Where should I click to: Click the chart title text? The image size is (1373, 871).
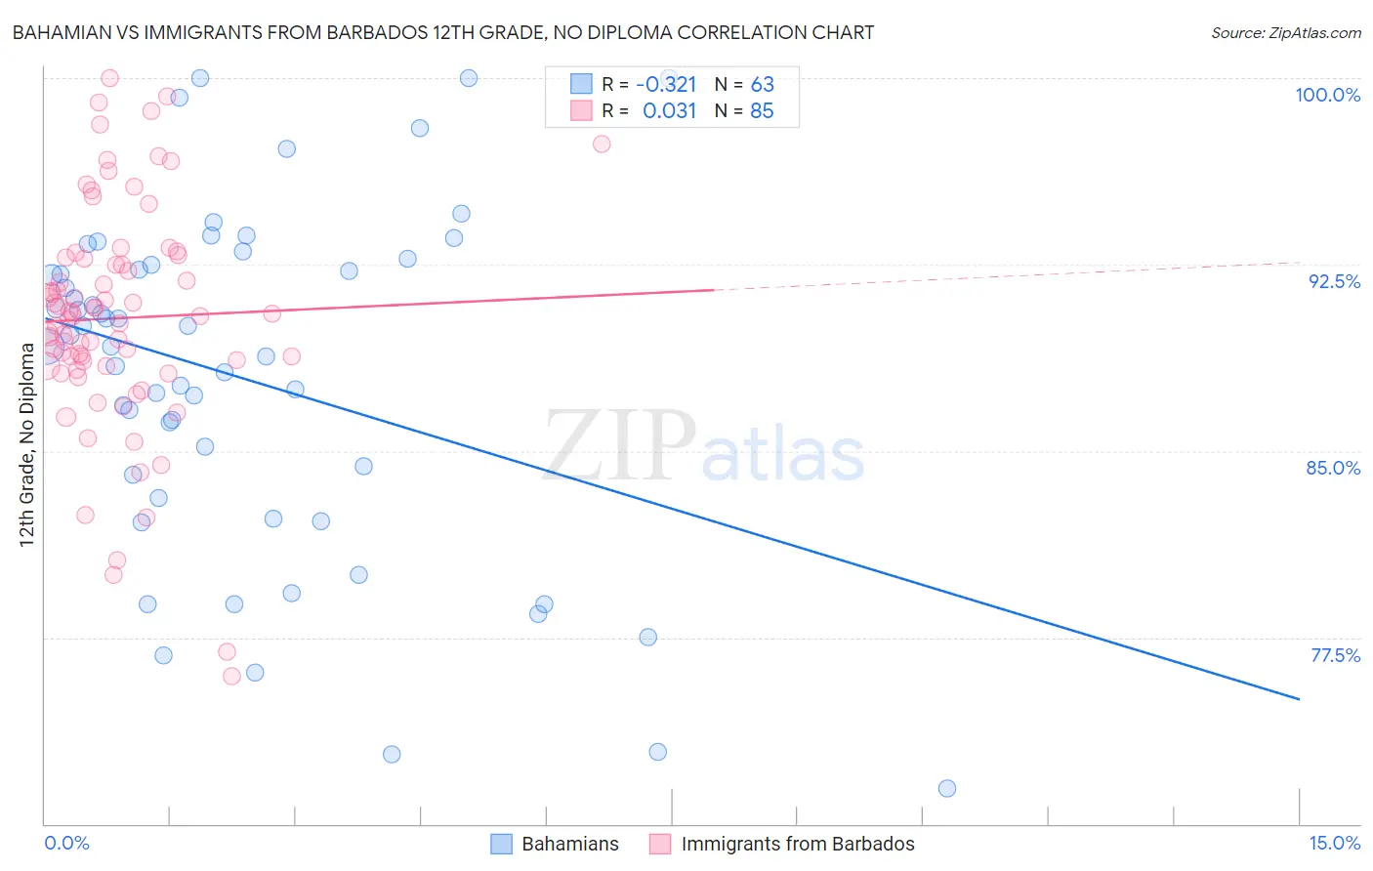click(x=442, y=32)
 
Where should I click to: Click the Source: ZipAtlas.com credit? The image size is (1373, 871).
click(x=1285, y=32)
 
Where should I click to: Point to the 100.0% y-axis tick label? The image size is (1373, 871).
click(x=1327, y=95)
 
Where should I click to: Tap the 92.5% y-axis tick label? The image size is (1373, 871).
click(x=1334, y=281)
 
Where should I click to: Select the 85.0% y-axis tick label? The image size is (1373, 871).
click(x=1333, y=468)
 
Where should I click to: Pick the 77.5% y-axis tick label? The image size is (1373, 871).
click(x=1335, y=655)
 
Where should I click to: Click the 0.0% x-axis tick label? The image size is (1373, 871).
click(x=66, y=843)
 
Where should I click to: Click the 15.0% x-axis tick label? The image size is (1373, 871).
click(x=1334, y=843)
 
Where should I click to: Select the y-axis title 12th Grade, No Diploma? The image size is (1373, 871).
click(x=26, y=445)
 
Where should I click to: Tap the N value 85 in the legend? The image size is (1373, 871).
click(x=762, y=111)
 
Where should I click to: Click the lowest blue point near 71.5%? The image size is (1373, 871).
click(x=946, y=788)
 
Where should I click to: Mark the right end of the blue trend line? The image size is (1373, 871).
click(x=1299, y=699)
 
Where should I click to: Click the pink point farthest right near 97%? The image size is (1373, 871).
click(x=602, y=144)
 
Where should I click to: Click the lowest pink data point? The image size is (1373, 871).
click(x=231, y=676)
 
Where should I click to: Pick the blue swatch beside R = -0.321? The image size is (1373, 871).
click(x=581, y=84)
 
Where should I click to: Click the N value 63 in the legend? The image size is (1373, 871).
click(x=762, y=84)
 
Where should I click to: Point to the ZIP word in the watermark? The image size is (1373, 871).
click(x=619, y=447)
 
